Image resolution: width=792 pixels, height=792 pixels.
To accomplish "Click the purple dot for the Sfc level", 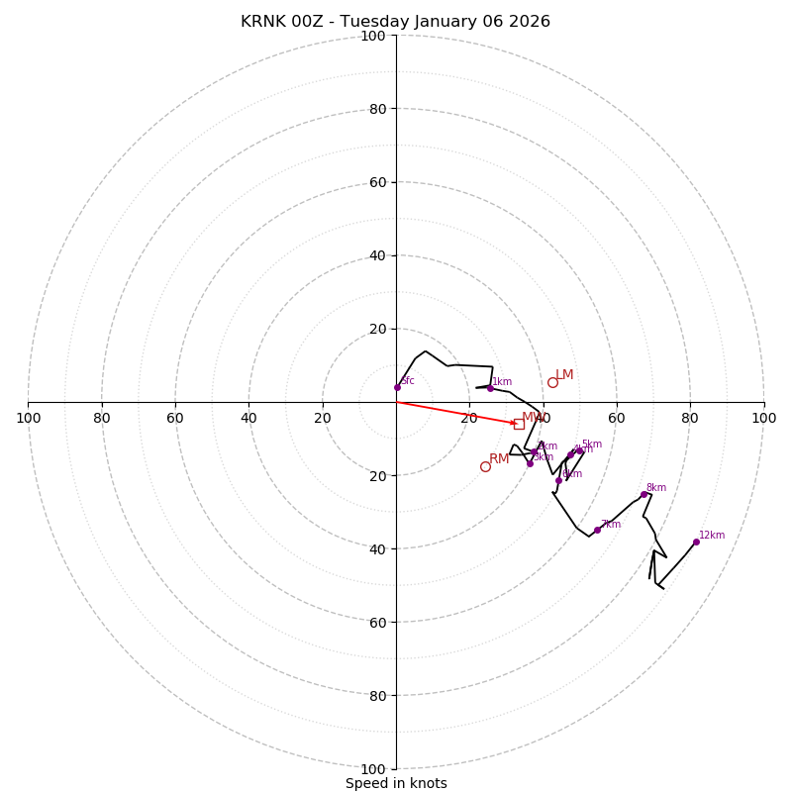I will [397, 387].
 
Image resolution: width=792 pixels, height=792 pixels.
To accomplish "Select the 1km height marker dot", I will [490, 388].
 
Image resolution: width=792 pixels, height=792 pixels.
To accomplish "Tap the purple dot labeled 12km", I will [696, 542].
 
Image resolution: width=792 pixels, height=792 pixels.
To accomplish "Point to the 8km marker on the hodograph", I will [643, 494].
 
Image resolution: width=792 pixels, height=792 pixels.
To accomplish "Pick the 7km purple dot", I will [597, 530].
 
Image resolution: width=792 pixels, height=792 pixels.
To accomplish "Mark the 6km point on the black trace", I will [558, 480].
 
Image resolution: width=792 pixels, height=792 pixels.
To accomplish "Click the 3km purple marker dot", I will [530, 463].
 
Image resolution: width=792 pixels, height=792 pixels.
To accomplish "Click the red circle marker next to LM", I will [552, 382].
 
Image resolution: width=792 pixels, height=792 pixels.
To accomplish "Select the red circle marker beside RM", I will [485, 466].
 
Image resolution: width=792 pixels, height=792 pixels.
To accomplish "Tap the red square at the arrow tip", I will [519, 424].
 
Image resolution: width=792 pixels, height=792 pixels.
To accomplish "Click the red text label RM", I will [499, 459].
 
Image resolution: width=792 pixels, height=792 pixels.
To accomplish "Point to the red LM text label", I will [564, 375].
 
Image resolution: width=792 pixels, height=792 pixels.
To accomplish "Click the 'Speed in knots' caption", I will [396, 783].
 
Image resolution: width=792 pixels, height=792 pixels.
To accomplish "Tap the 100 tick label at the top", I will [373, 37].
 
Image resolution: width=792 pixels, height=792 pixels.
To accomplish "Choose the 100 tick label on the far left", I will [28, 418].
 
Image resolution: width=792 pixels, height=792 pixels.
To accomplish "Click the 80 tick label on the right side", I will [690, 418].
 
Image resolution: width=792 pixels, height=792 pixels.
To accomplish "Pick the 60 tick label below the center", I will [377, 622].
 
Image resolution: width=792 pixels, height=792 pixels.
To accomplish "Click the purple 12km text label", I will [712, 536].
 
